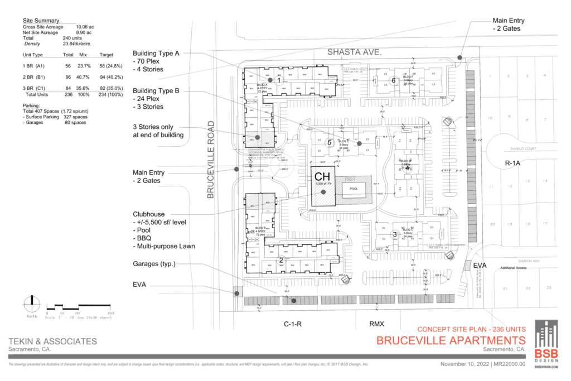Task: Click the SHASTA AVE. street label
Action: point(354,52)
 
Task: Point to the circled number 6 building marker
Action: point(393,80)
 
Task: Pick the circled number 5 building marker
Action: point(330,142)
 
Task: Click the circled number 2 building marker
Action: point(281,259)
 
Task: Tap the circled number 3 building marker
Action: point(395,234)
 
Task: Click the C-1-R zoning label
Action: point(293,324)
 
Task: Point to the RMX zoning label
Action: point(378,324)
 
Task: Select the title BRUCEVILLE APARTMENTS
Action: point(451,340)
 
